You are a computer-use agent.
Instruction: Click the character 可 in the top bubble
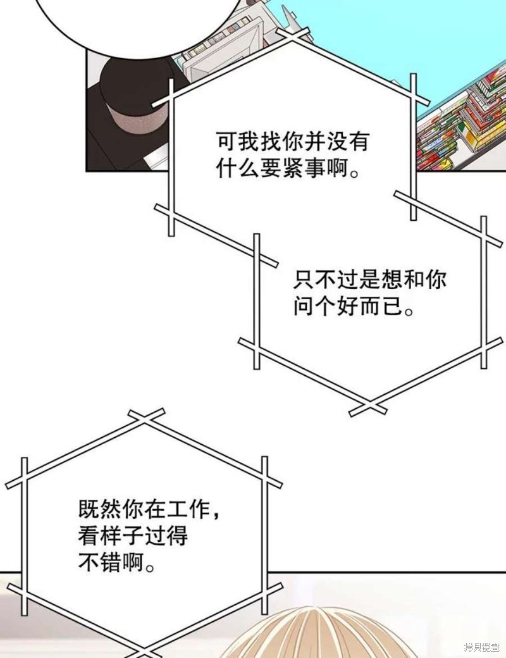(226, 142)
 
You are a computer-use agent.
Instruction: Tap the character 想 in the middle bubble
(392, 279)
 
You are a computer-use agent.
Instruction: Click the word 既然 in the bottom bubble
(100, 509)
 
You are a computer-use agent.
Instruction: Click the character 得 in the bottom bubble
(177, 537)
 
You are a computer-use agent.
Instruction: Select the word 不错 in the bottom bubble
(100, 562)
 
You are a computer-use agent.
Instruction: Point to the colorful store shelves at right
(462, 121)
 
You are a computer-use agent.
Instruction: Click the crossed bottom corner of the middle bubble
(367, 407)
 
